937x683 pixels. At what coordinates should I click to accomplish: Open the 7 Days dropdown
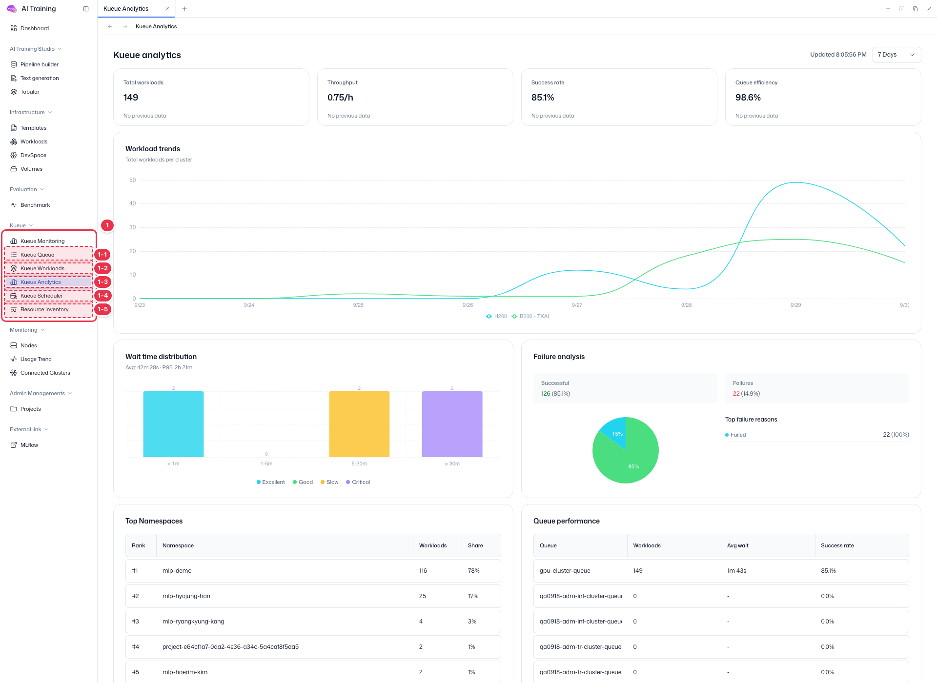[x=896, y=55]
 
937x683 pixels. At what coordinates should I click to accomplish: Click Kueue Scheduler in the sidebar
[x=41, y=296]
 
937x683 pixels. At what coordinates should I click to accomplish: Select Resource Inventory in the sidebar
[x=44, y=309]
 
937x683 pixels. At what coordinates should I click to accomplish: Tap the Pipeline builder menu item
[x=40, y=64]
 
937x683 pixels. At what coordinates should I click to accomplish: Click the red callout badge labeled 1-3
[x=102, y=282]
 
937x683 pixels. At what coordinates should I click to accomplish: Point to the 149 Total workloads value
[x=131, y=98]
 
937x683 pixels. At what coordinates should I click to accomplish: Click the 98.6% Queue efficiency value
[x=748, y=98]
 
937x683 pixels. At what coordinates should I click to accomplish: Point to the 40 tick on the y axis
[x=132, y=203]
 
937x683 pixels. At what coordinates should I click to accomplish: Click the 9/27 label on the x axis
[x=577, y=305]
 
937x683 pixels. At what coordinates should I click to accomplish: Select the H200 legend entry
[x=497, y=316]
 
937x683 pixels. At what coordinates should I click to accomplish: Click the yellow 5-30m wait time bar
[x=359, y=424]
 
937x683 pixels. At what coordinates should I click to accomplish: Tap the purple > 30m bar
[x=452, y=424]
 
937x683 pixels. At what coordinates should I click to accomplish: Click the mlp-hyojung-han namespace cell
[x=186, y=596]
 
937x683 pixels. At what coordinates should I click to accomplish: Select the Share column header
[x=475, y=545]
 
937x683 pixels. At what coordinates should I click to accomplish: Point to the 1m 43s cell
[x=736, y=571]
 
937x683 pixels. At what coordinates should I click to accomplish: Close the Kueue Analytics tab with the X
[x=167, y=9]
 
